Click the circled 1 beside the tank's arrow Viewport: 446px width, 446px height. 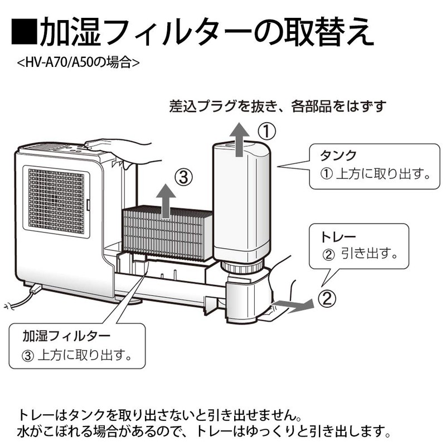[x=266, y=132]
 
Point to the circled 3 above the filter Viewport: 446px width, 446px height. [x=183, y=178]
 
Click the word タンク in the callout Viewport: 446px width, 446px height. [x=337, y=154]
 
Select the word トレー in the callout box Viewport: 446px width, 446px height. [x=337, y=237]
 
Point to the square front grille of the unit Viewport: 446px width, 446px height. [x=56, y=201]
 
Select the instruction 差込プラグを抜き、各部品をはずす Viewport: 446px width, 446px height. [x=277, y=105]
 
